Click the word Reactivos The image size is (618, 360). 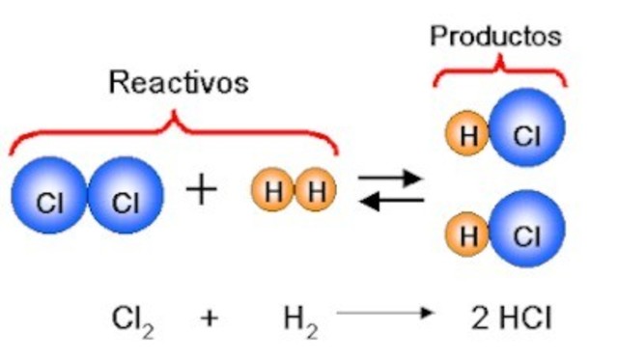click(x=178, y=82)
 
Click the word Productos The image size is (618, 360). click(x=495, y=37)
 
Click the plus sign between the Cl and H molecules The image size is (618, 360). click(x=201, y=190)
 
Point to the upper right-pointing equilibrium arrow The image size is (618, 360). click(x=391, y=178)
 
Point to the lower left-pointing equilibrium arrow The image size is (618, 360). click(x=391, y=201)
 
